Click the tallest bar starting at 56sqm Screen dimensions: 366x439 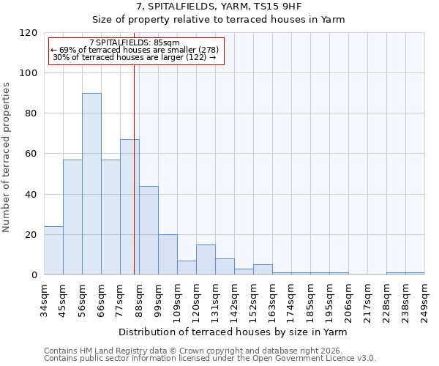(x=91, y=184)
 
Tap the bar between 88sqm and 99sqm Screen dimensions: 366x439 (x=149, y=230)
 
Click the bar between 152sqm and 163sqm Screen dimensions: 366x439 (x=263, y=269)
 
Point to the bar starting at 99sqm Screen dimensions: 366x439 (x=168, y=255)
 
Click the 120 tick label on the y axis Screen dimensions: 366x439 (x=29, y=33)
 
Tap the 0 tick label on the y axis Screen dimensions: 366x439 (x=34, y=275)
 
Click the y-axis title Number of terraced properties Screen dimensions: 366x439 (x=7, y=157)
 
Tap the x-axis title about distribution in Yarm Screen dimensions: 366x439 (x=233, y=332)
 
